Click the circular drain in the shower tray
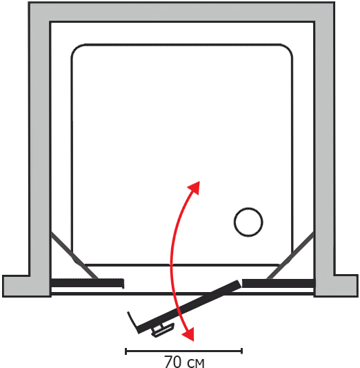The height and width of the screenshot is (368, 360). pyautogui.click(x=248, y=222)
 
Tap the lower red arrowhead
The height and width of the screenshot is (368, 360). pyautogui.click(x=189, y=335)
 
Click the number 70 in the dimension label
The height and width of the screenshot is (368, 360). pyautogui.click(x=172, y=361)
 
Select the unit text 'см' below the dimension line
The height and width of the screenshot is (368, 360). pyautogui.click(x=196, y=363)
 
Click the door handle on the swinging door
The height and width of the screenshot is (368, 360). pyautogui.click(x=163, y=329)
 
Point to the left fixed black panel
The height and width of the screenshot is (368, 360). pyautogui.click(x=87, y=283)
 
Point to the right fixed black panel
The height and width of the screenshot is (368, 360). pyautogui.click(x=279, y=283)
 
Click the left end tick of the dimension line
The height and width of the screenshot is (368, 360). pyautogui.click(x=126, y=351)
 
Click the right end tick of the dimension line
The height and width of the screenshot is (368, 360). pyautogui.click(x=241, y=351)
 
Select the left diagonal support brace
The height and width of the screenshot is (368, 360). pyautogui.click(x=74, y=255)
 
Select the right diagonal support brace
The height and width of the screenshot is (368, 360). pyautogui.click(x=290, y=255)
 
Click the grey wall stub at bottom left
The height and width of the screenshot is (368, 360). pyautogui.click(x=26, y=286)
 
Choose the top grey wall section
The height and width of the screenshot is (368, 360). pyautogui.click(x=181, y=12)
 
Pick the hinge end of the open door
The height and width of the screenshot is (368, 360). pyautogui.click(x=238, y=284)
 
